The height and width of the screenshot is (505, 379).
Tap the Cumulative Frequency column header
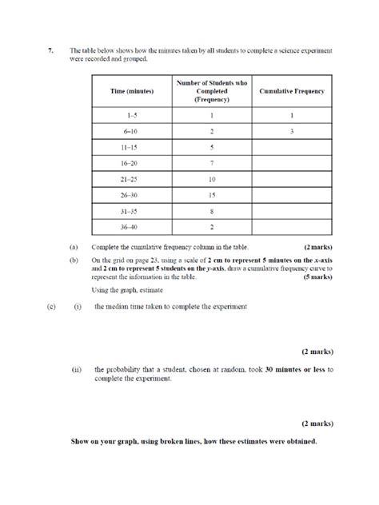click(292, 92)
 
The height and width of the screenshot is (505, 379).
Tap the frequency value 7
click(211, 163)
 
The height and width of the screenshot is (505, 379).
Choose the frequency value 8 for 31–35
click(211, 211)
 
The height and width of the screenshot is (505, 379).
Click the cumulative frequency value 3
click(292, 131)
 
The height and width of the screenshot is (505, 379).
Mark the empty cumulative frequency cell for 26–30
click(292, 195)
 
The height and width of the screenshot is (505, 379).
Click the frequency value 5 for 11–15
click(211, 147)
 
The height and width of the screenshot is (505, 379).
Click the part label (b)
click(74, 260)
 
